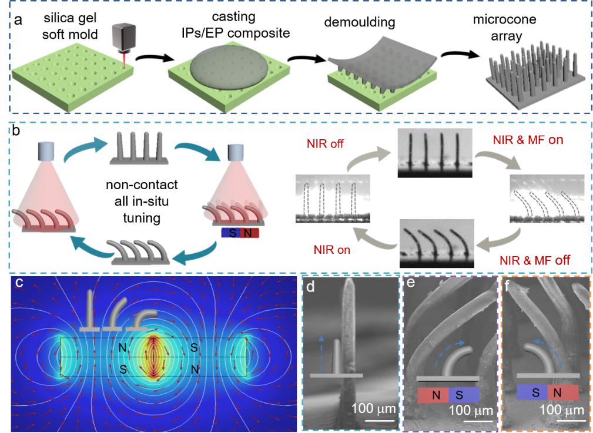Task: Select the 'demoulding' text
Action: [359, 24]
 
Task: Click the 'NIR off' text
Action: [325, 143]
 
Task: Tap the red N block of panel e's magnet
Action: [433, 395]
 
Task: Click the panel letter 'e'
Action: [411, 285]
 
